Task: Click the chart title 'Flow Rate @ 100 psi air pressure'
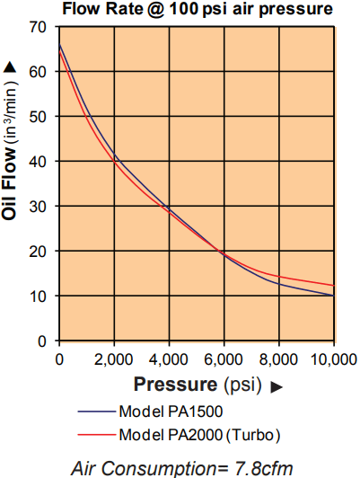pos(198,9)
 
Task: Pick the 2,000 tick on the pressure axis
pos(114,359)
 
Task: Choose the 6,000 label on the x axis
pos(224,359)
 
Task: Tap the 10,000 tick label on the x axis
pos(334,359)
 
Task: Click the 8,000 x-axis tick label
pos(278,359)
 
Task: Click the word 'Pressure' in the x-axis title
pos(175,384)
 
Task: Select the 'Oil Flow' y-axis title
pos(9,183)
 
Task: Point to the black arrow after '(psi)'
pos(277,386)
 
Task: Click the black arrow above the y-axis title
pos(9,67)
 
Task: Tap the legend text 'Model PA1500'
pos(171,412)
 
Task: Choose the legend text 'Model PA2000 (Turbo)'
pos(199,435)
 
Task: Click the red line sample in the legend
pos(97,434)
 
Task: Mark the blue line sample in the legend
pos(97,412)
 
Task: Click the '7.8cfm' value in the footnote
pos(264,467)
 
